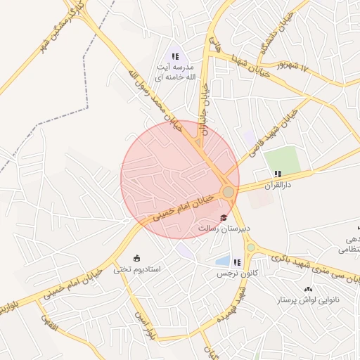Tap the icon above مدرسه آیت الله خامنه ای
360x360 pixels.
point(175,56)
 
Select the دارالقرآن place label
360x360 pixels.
point(276,185)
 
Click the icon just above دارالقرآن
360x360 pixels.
point(278,174)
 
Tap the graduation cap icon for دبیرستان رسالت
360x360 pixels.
point(224,217)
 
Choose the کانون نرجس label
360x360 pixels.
point(232,273)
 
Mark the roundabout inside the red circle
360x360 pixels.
point(228,192)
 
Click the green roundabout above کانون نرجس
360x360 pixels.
point(250,247)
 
